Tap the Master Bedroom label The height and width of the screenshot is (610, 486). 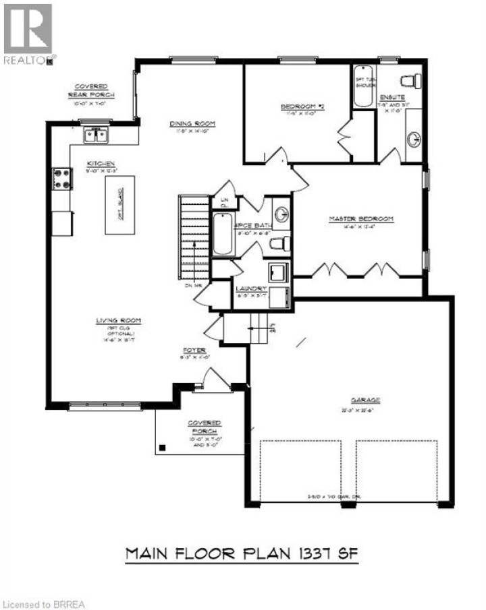pos(360,219)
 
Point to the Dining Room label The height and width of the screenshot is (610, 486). pos(192,123)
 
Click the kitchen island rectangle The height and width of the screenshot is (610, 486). pos(119,205)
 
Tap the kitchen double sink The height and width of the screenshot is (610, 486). pos(97,136)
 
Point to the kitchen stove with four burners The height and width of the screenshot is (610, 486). pos(63,179)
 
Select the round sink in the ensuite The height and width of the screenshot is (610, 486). pos(413,140)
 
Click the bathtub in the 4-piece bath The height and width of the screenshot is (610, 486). pos(223,235)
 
